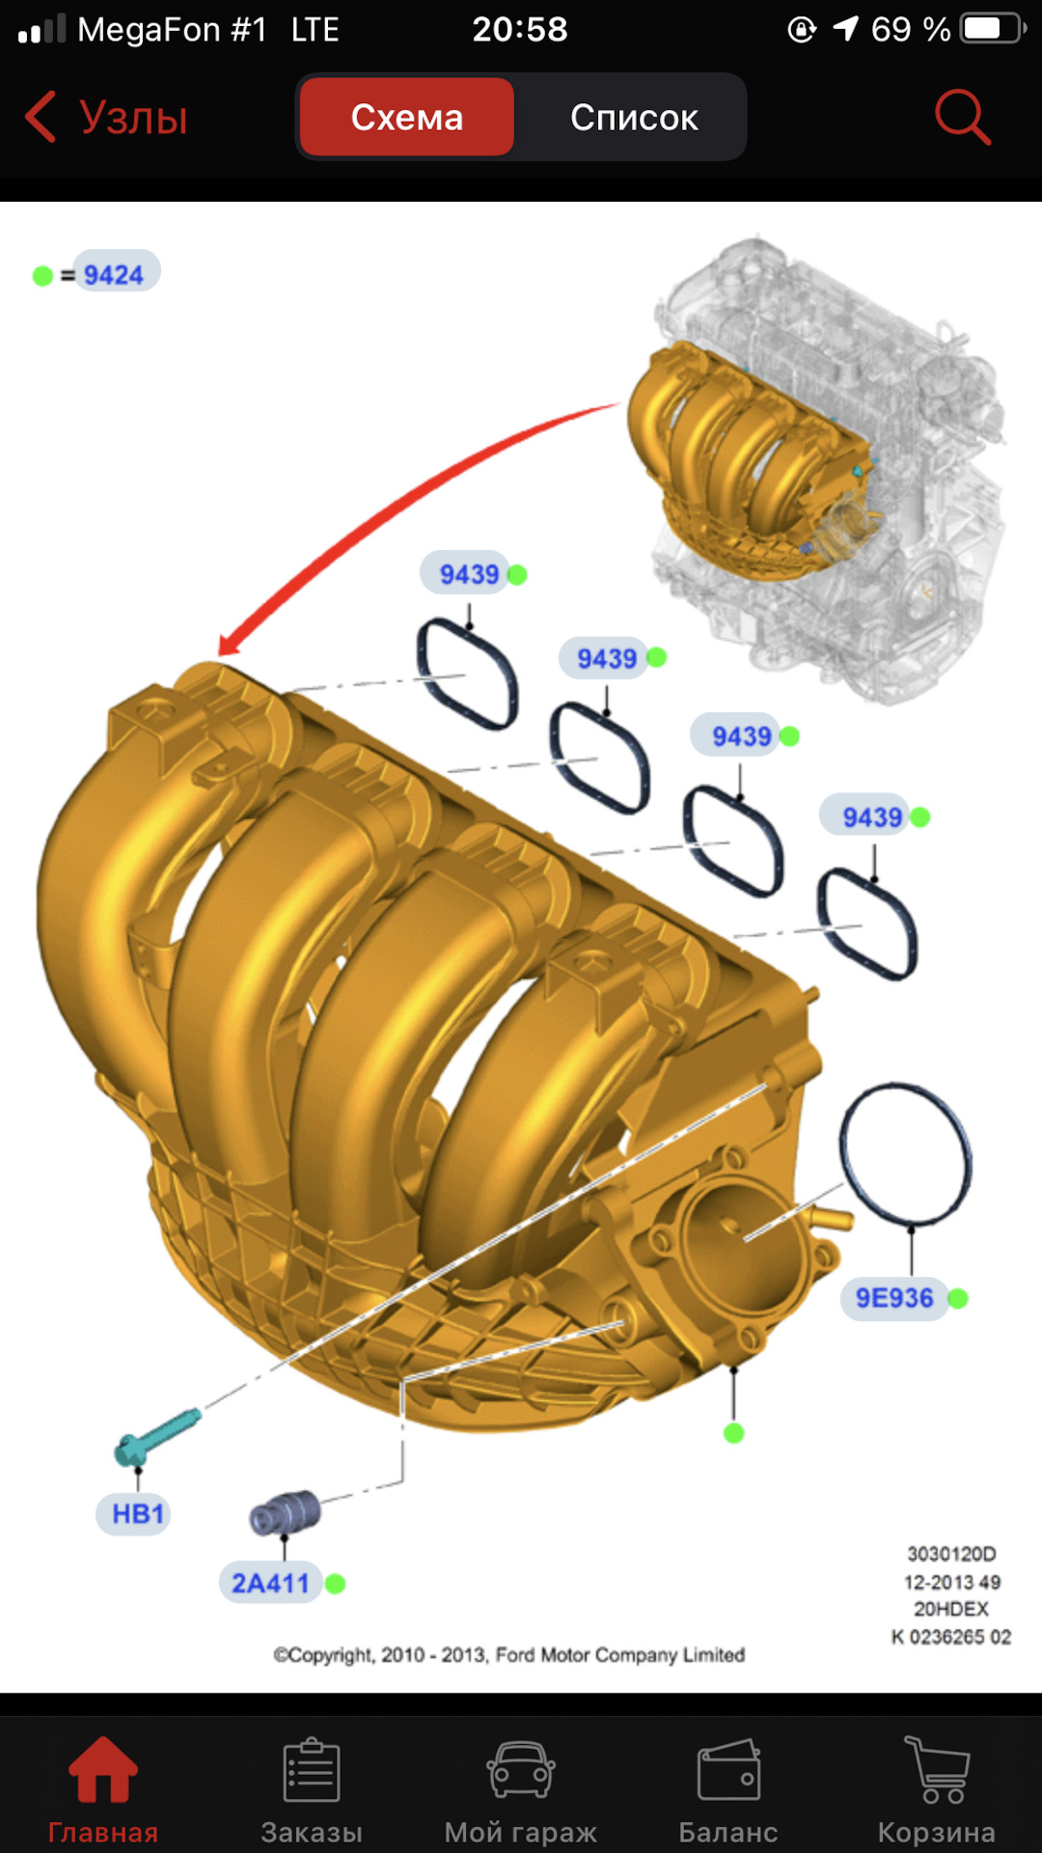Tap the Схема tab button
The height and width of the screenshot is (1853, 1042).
point(406,117)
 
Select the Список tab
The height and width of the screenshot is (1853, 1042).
point(634,117)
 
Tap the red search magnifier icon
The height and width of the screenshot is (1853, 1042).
point(962,117)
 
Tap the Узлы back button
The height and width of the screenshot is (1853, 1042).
point(106,117)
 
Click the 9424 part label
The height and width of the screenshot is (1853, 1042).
point(114,274)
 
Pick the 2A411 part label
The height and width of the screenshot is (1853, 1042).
point(270,1583)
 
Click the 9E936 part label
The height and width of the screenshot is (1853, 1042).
point(894,1298)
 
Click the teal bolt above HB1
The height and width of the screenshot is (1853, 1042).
point(156,1436)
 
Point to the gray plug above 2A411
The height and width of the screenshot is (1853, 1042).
point(285,1512)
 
